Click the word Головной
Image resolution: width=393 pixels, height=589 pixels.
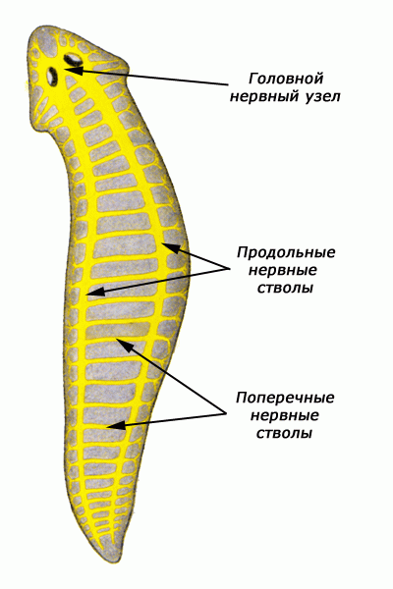click(x=286, y=79)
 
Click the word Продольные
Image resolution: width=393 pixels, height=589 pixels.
click(x=286, y=252)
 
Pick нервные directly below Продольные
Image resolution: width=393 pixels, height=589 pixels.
click(x=283, y=270)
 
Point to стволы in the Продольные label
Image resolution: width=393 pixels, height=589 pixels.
click(x=285, y=288)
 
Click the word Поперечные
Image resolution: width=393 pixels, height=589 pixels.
click(x=285, y=398)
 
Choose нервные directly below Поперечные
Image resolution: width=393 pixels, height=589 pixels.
click(x=285, y=415)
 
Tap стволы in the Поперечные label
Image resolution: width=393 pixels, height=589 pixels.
click(x=284, y=434)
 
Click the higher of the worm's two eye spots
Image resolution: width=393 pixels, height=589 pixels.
click(x=73, y=58)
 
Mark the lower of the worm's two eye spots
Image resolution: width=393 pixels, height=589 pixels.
click(x=52, y=76)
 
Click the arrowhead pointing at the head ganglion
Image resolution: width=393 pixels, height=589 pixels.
click(x=73, y=71)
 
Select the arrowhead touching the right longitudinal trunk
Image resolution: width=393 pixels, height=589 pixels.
click(x=170, y=248)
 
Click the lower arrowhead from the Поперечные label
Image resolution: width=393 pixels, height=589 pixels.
click(x=116, y=425)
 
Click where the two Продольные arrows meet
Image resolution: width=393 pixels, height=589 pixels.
click(x=229, y=268)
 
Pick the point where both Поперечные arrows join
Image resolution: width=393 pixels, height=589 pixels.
click(x=227, y=413)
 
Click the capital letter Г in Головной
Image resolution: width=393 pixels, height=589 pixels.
click(x=253, y=79)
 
